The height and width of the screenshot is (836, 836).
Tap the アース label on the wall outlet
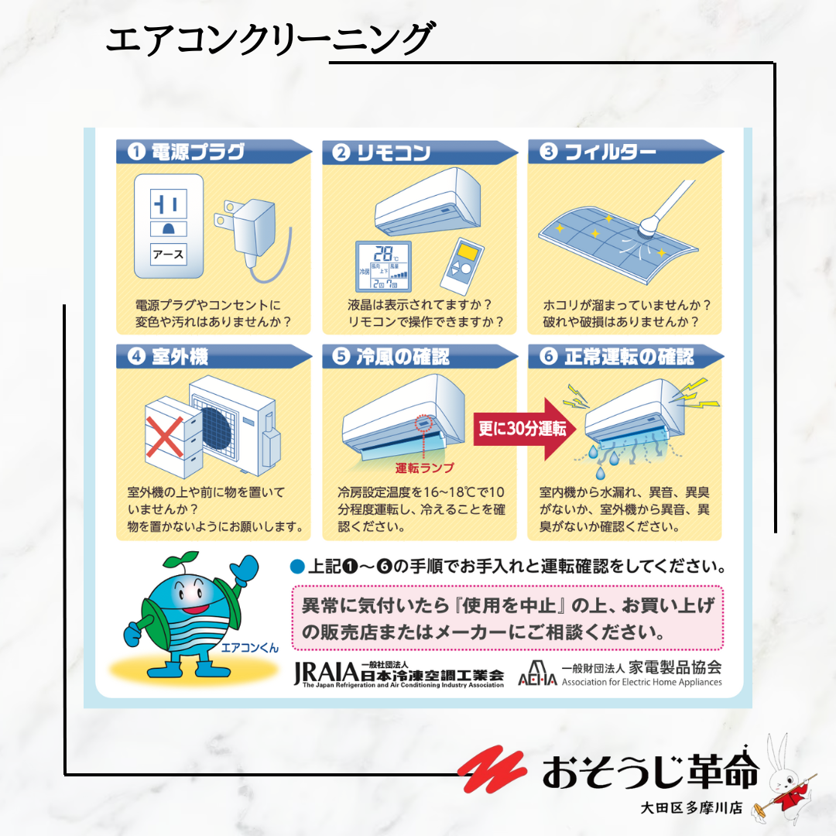(169, 255)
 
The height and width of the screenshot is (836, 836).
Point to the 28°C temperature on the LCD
(385, 254)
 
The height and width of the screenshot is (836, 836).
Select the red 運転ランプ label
(424, 468)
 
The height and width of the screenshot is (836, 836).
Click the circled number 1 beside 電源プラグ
(136, 152)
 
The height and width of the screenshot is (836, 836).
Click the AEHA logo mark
(537, 673)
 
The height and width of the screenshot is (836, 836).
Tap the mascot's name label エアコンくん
(249, 648)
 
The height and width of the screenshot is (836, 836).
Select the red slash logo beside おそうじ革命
(492, 768)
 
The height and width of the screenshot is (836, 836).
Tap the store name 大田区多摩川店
(691, 807)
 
